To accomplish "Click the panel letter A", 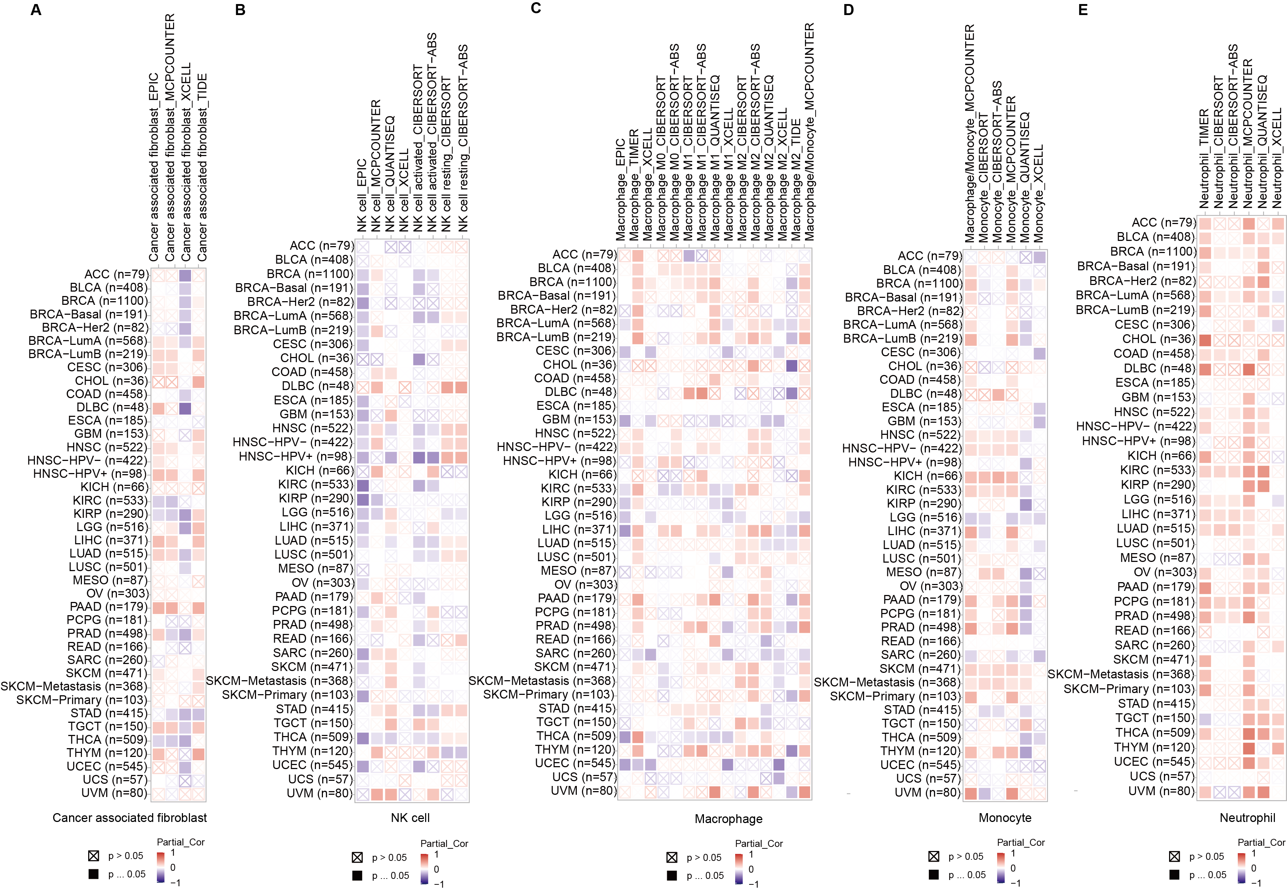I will (x=36, y=10).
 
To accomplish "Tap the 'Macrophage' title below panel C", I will (x=728, y=819).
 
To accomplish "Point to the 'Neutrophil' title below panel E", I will (x=1247, y=818).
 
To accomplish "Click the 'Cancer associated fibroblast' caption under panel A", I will (x=130, y=818).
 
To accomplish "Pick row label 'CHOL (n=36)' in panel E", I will (x=1158, y=339).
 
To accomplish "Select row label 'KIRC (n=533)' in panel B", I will (x=316, y=484).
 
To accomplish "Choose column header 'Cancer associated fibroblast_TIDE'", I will (x=202, y=167).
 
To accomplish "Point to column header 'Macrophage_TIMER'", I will (x=634, y=184).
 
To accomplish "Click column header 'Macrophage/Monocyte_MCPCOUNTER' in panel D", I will (x=970, y=134).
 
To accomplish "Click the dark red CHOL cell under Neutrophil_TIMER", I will (x=1204, y=339).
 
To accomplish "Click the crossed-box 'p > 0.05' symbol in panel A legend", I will (x=93, y=856).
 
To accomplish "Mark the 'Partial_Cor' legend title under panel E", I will (x=1261, y=843).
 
